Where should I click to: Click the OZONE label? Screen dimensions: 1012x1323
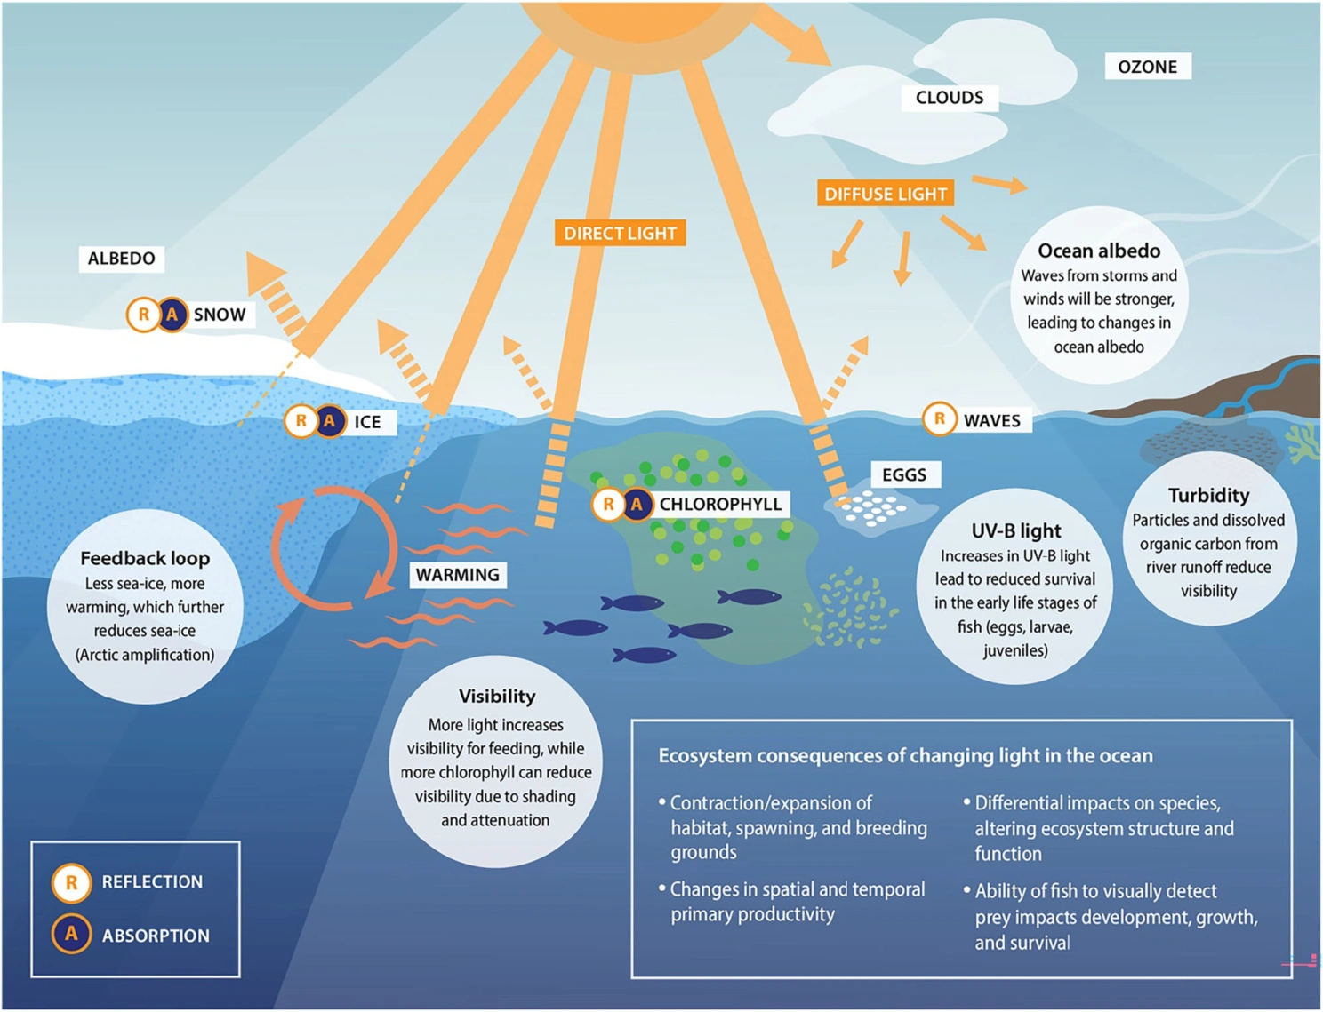[1147, 67]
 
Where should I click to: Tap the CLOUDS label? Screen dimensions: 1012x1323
[950, 98]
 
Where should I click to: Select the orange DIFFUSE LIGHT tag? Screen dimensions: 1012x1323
[885, 194]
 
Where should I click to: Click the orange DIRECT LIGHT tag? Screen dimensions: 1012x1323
[620, 234]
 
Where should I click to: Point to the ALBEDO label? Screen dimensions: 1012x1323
[121, 259]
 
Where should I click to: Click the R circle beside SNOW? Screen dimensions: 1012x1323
[143, 315]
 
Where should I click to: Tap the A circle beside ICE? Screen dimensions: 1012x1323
[330, 420]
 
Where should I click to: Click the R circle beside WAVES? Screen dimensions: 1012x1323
[939, 418]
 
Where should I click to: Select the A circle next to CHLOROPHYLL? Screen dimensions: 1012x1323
[637, 505]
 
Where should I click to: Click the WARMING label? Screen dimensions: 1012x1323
[457, 575]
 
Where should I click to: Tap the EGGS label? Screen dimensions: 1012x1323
[903, 474]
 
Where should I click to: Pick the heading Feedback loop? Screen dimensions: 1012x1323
[145, 558]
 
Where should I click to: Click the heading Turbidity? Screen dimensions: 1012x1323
[1208, 495]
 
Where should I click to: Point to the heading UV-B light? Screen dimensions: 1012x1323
[1015, 530]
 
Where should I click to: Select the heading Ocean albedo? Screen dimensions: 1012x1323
[1099, 251]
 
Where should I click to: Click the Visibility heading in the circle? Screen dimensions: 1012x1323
[496, 696]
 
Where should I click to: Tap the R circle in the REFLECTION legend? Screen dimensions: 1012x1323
[71, 882]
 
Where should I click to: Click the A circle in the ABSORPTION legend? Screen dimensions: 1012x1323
[71, 935]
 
